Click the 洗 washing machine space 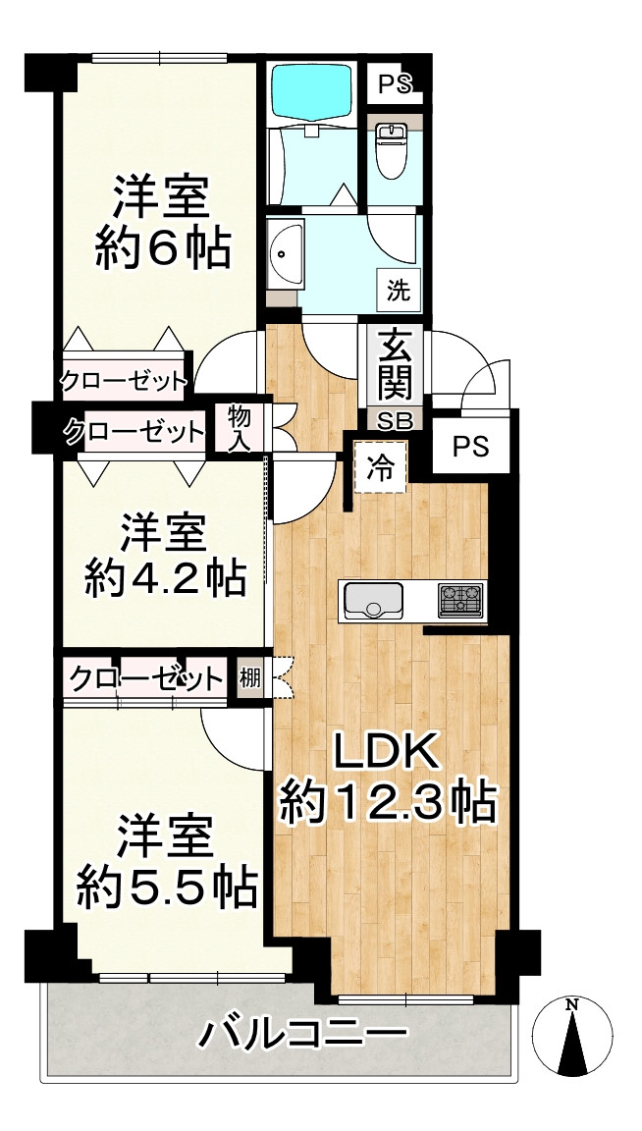point(400,291)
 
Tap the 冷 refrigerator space point(381,467)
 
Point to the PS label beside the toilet point(396,85)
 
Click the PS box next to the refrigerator point(471,447)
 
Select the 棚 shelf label point(250,678)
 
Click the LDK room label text point(388,754)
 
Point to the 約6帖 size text point(164,249)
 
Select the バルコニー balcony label point(302,1039)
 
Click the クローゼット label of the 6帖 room point(124,379)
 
